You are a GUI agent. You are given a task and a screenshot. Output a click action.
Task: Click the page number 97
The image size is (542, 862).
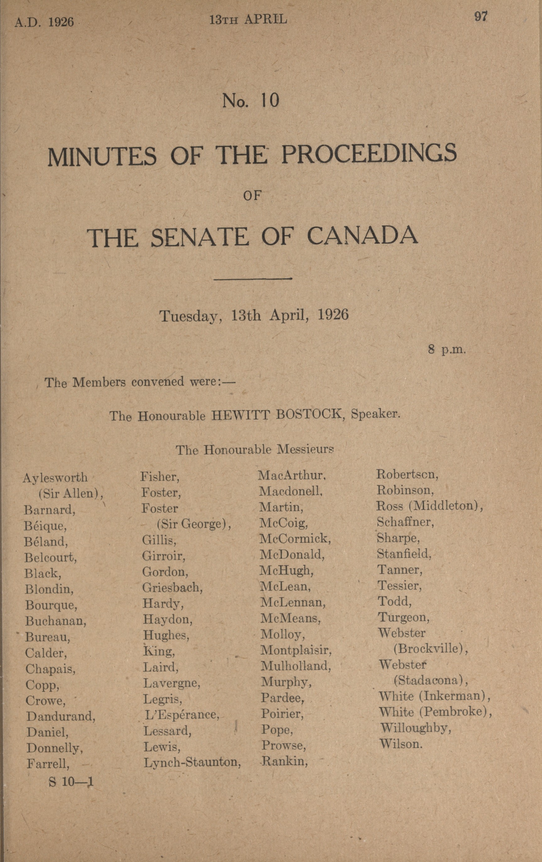[x=480, y=17]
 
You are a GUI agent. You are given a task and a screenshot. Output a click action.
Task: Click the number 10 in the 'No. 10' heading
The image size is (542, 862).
[x=270, y=101]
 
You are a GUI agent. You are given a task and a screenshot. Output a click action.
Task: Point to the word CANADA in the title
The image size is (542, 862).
[x=362, y=237]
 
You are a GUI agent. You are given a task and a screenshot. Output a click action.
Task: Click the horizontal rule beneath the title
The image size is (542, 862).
[x=253, y=278]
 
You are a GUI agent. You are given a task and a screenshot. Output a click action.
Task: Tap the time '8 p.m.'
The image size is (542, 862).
[x=447, y=349]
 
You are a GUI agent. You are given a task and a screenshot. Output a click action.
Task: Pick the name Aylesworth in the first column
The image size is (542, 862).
[x=55, y=478]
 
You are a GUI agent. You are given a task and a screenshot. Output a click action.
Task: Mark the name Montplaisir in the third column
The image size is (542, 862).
[x=296, y=650]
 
